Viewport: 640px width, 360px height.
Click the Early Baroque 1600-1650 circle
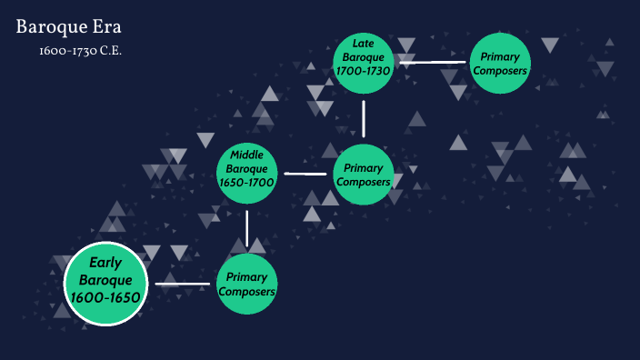tap(105, 285)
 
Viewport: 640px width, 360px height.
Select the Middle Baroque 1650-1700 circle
tap(247, 168)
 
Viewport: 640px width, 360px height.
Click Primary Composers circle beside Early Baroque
tap(246, 285)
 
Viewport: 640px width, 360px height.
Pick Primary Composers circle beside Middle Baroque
tap(364, 174)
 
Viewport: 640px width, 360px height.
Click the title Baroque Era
tap(68, 27)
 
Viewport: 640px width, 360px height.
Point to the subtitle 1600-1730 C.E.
tap(80, 50)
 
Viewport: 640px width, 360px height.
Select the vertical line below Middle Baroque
tap(247, 227)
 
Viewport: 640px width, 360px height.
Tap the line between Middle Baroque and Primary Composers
tap(305, 173)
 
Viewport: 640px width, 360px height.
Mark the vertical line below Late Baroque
tap(364, 118)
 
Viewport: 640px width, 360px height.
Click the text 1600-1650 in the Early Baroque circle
tap(105, 297)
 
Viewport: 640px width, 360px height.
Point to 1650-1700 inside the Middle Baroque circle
tap(247, 182)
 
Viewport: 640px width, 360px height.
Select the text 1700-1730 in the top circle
tap(364, 70)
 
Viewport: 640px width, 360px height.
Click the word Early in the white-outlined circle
tap(105, 264)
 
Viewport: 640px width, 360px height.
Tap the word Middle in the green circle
tap(247, 154)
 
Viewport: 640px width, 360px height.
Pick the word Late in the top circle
tap(364, 43)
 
